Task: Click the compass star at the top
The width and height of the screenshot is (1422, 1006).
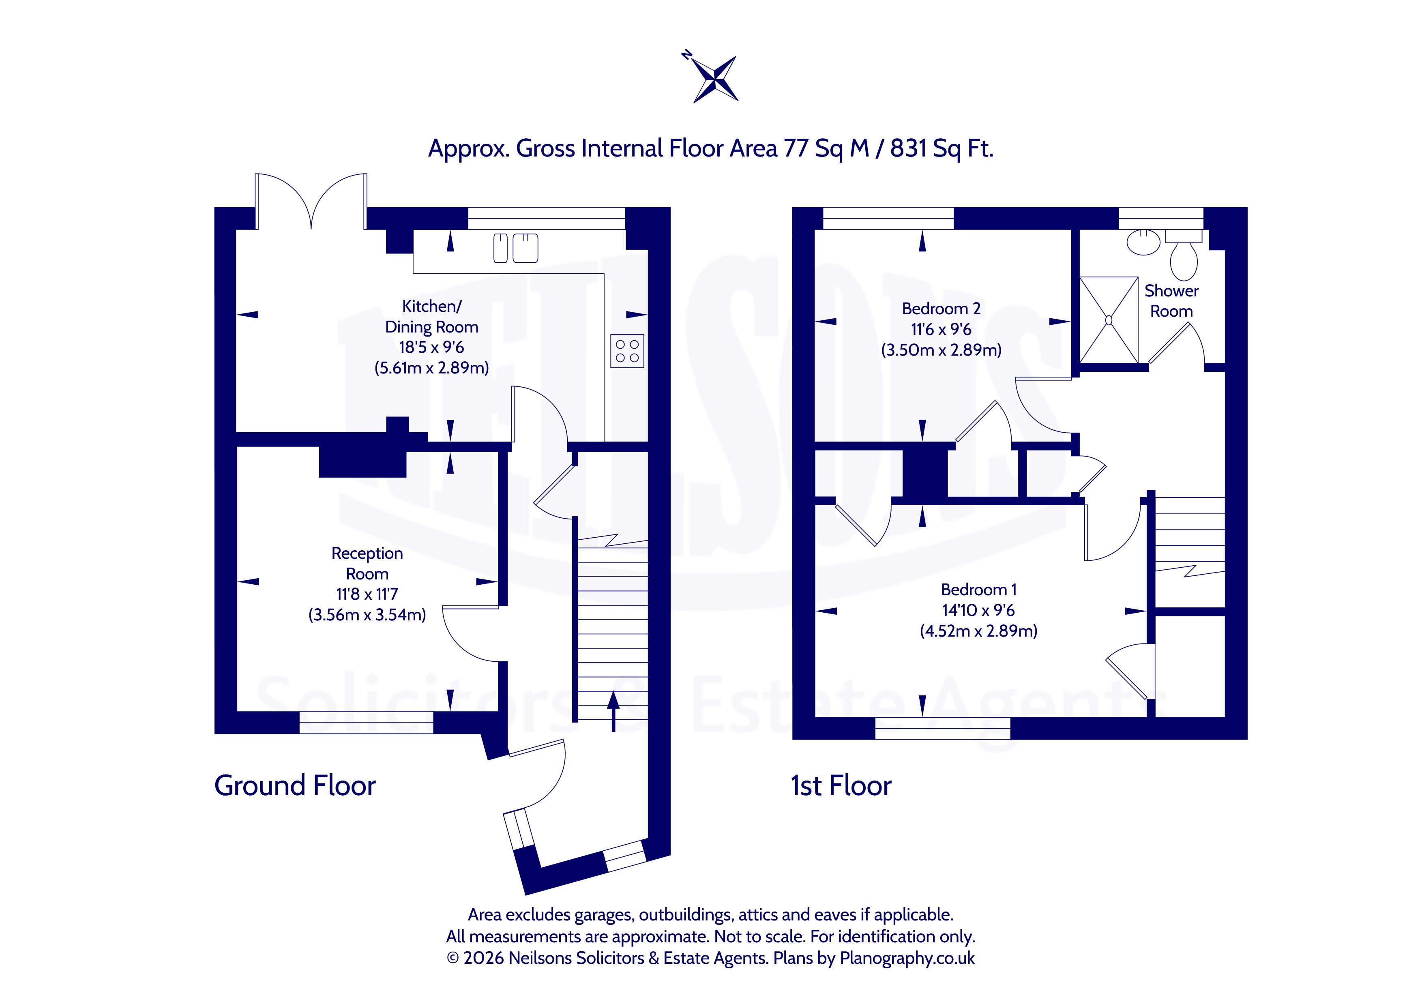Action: [715, 79]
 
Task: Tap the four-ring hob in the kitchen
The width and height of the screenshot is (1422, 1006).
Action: [627, 351]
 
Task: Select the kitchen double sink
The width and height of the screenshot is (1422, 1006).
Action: [515, 248]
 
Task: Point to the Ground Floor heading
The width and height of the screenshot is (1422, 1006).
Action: [295, 785]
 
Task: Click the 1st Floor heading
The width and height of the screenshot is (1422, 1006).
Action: [841, 785]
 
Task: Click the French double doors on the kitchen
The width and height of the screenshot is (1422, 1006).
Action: [311, 202]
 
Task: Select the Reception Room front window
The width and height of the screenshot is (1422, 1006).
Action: [367, 723]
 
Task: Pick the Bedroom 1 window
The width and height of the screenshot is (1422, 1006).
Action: [943, 729]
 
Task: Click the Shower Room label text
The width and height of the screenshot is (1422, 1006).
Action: [1171, 300]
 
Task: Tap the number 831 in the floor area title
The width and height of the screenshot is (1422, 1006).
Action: [908, 149]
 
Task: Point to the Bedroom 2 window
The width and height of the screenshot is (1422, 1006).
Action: [888, 218]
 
